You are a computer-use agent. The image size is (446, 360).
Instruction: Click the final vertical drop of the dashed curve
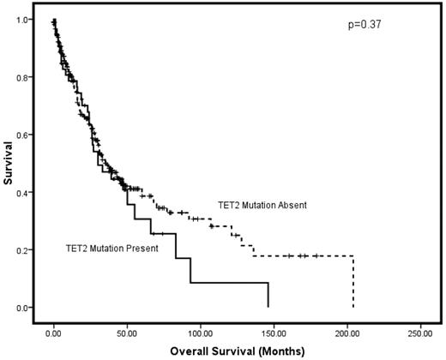[353, 283]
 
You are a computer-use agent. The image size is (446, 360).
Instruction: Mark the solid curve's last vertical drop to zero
[268, 295]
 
